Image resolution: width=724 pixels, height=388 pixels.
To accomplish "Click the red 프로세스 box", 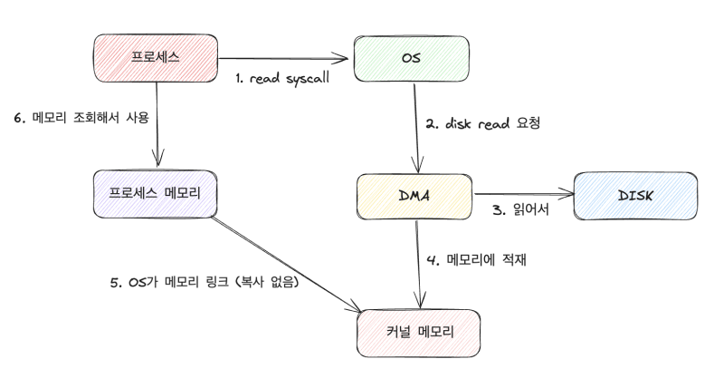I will [155, 57].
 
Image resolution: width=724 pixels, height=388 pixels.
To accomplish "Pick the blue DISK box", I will [637, 194].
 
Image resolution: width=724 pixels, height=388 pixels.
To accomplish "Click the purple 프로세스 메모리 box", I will [155, 194].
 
